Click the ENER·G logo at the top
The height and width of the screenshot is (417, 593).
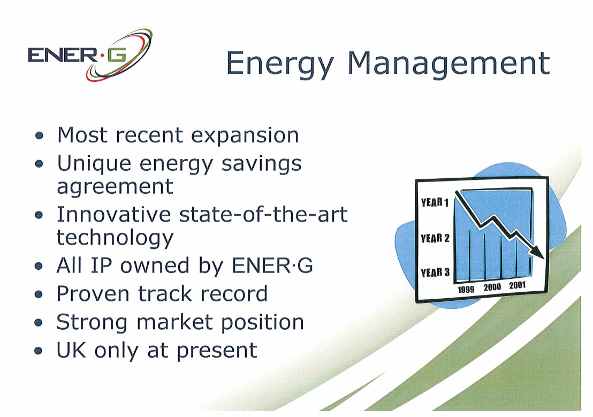click(x=90, y=55)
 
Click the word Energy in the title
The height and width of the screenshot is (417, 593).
click(x=280, y=64)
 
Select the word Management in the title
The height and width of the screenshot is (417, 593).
click(x=448, y=64)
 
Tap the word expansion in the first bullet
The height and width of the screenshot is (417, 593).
click(x=245, y=136)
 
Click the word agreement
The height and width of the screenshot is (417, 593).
click(x=115, y=187)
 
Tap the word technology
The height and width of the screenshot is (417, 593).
click(x=115, y=238)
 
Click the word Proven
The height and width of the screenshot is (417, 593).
click(x=93, y=294)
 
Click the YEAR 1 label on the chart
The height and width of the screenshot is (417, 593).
click(x=435, y=203)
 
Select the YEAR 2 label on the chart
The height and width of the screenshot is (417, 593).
click(x=435, y=238)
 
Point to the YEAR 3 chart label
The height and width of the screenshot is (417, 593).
click(x=435, y=272)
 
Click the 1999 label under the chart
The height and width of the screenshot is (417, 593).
click(x=466, y=290)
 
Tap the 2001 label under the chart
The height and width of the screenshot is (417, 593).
click(x=518, y=285)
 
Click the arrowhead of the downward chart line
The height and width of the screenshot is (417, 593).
click(x=538, y=252)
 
